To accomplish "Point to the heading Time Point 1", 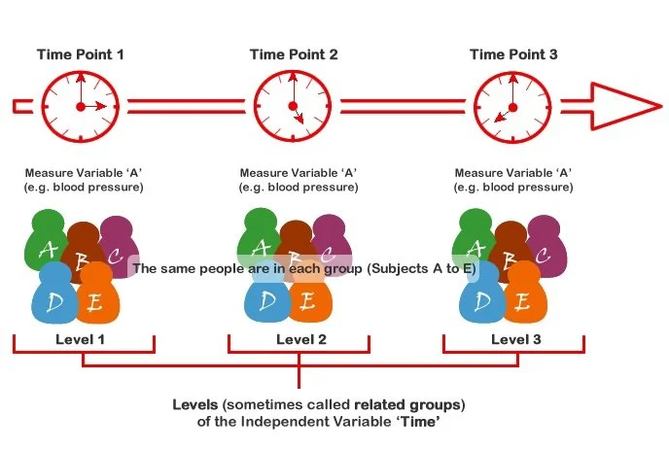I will click(81, 54).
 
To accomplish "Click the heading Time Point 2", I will click(294, 54).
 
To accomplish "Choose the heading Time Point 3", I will click(513, 54).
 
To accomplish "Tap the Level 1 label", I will click(82, 339).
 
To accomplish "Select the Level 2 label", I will click(297, 339).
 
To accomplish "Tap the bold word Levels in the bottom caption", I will click(194, 403).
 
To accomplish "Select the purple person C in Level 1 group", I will click(117, 250).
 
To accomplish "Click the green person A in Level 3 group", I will click(476, 241).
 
